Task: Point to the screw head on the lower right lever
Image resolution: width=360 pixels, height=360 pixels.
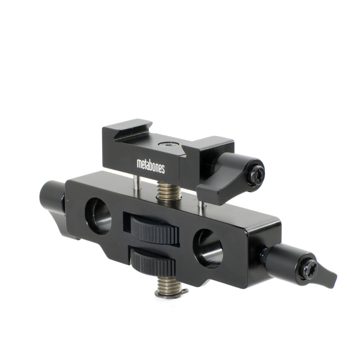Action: click(310, 269)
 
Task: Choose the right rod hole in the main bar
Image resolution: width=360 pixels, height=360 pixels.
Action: click(207, 248)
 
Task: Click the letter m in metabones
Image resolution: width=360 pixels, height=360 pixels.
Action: click(139, 164)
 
